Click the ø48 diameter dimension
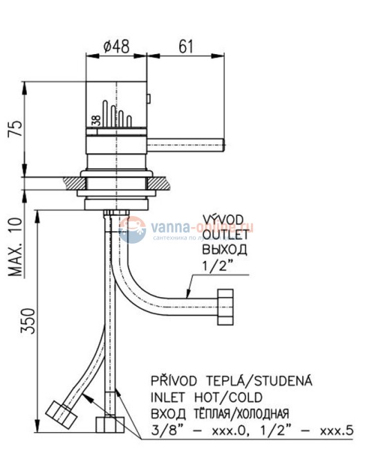[116, 47]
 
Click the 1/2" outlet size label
[216, 264]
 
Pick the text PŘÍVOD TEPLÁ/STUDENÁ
[232, 381]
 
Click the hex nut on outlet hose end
[227, 308]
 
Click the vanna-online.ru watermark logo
[187, 228]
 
